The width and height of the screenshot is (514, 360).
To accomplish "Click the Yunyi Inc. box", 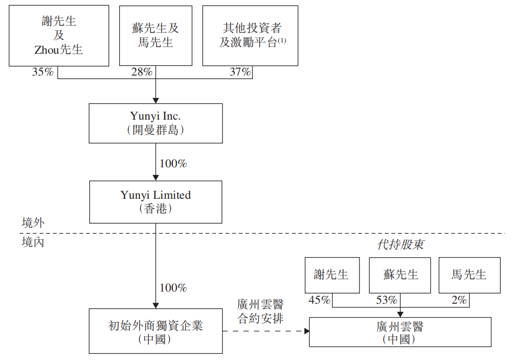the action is click(x=156, y=123).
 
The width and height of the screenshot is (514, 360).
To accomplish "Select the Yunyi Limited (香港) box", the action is click(x=156, y=202).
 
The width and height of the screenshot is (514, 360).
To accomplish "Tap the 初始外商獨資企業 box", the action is click(x=156, y=331).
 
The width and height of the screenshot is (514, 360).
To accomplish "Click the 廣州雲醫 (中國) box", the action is click(x=400, y=332).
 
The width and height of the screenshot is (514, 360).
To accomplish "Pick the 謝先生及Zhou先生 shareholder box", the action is click(x=59, y=35).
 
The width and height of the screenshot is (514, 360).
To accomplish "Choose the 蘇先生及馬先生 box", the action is click(x=156, y=35).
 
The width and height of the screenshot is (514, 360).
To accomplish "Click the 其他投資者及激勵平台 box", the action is click(x=250, y=35).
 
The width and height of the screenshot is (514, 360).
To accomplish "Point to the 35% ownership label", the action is click(x=43, y=72).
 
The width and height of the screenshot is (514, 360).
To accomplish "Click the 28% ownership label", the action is click(x=142, y=72).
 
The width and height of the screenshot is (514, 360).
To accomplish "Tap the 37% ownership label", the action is click(x=240, y=72).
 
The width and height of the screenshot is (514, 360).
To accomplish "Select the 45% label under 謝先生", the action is click(x=319, y=300).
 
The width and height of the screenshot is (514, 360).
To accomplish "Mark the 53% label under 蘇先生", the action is click(x=387, y=300).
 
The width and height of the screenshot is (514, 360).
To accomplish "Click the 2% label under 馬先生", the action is click(x=459, y=300).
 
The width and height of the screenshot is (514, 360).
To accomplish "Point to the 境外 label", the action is click(x=33, y=223).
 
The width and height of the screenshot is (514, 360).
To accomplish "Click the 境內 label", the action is click(x=33, y=242).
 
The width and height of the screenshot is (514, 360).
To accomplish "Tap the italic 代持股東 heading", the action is click(x=400, y=244).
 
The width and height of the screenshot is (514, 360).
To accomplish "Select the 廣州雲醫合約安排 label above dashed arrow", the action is click(x=260, y=311).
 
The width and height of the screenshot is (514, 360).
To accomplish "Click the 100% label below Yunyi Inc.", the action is click(x=173, y=163).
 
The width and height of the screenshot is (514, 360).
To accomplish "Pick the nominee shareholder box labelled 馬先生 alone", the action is click(x=470, y=275).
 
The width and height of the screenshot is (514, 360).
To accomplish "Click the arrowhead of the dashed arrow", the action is click(x=307, y=331).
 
